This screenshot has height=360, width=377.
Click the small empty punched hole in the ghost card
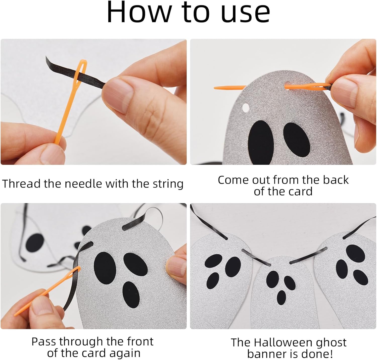[x=246, y=108]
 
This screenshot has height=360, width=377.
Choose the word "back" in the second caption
[x=336, y=180]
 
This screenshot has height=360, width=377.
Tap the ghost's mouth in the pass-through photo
[x=131, y=295]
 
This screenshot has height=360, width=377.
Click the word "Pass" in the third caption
[x=44, y=342]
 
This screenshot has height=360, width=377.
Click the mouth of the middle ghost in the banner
[x=281, y=297]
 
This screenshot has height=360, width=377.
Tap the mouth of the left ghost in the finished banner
[x=213, y=281]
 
